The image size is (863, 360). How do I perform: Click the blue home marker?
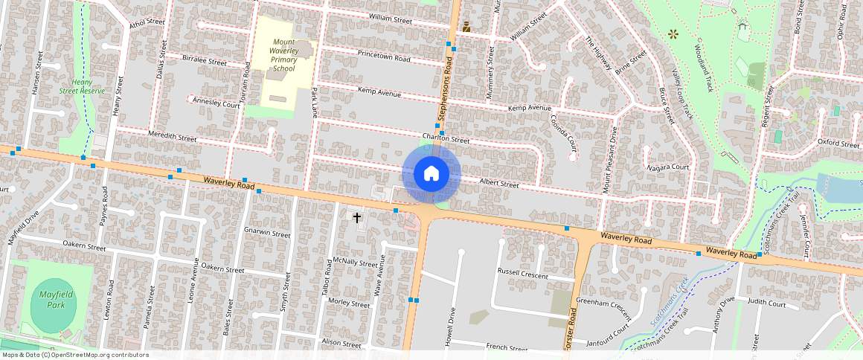coord(431,173)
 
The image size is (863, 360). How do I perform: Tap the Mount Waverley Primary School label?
coord(283,56)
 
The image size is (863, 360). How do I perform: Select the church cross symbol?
coord(357,218)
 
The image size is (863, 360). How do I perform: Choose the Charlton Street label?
coord(445,139)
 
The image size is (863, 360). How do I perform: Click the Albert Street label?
coord(498,183)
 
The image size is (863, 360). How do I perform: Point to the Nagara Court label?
coord(668,167)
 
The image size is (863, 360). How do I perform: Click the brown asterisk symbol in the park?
coord(673,33)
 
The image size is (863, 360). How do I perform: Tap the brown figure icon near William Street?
coord(466,28)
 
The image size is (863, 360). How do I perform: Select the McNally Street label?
coord(355,262)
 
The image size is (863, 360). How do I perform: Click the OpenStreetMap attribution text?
coord(74,355)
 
